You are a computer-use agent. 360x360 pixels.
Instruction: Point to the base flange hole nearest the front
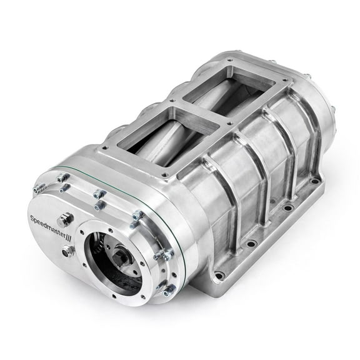click(x=220, y=273)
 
